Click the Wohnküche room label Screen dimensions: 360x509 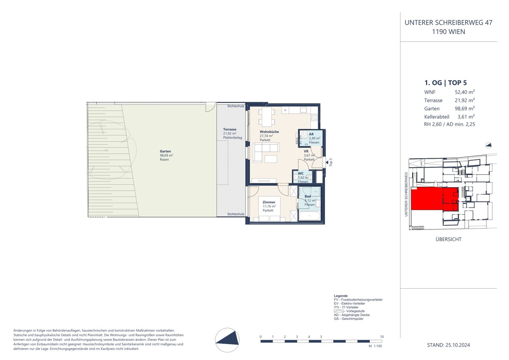point(269,132)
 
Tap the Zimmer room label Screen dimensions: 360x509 point(269,202)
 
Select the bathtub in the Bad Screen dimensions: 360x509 point(309,217)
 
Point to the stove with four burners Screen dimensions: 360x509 point(314,116)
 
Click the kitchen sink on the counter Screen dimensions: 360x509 point(304,110)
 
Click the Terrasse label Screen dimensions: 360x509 point(230,129)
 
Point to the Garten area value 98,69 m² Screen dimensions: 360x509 point(166,155)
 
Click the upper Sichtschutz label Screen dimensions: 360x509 point(235,106)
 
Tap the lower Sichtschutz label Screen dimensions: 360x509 point(235,214)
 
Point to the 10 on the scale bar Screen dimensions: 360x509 point(382,337)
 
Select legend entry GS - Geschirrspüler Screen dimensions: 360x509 point(349,319)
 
